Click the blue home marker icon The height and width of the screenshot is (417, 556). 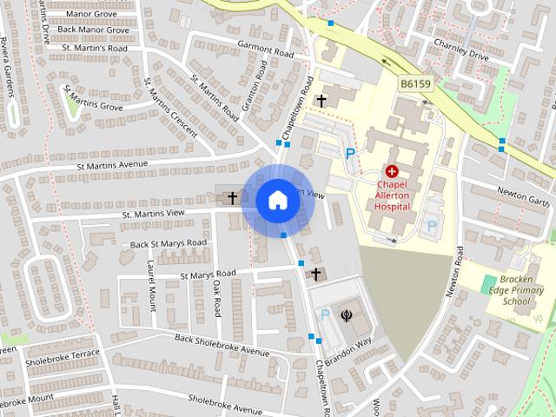tap(277, 201)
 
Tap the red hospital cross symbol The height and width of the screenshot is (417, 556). tap(391, 173)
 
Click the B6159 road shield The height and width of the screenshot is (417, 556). tap(417, 84)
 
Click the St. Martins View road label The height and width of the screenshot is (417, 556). tap(153, 213)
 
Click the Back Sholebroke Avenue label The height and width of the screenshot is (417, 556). tap(222, 345)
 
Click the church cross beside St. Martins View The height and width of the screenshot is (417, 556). tap(232, 198)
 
